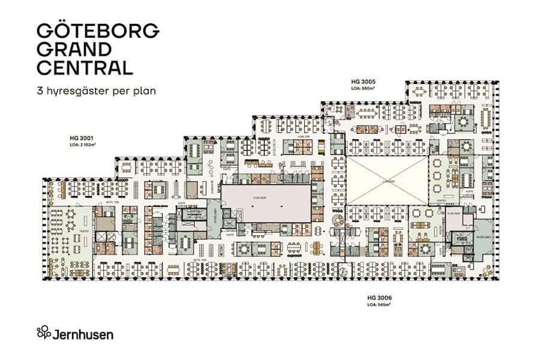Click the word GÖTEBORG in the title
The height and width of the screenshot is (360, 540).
pos(98,31)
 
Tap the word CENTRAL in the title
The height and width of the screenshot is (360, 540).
pos(85,67)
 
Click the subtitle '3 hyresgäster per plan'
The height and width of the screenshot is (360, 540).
pos(96,92)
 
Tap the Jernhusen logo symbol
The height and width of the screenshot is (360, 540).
pos(44,332)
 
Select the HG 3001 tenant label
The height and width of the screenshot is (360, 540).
pos(82,138)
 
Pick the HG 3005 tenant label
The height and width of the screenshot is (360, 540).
pos(362,81)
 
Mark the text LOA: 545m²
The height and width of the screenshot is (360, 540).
pos(379,305)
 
